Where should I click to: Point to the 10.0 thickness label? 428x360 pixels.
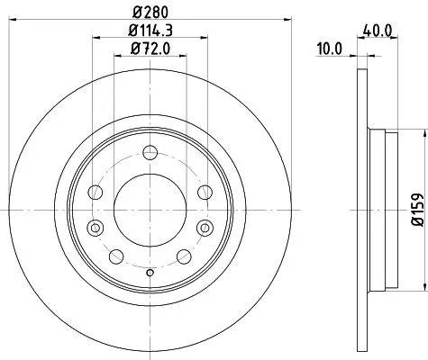coord(331,50)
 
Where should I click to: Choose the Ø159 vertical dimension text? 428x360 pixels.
coord(416,209)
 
